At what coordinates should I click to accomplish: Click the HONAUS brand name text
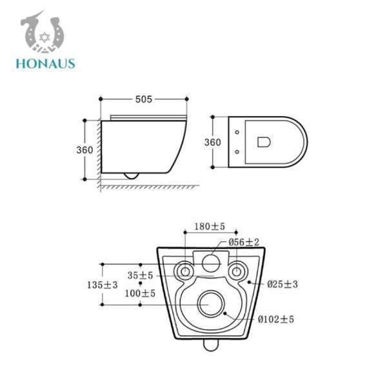coord(46,63)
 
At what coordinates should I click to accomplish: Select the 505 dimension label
coord(143,99)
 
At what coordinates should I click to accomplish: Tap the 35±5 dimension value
coord(140,275)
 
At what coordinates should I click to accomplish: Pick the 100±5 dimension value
coord(140,293)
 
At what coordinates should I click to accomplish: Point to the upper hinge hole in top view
coord(238,132)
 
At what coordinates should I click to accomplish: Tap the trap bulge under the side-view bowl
coord(131,174)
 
